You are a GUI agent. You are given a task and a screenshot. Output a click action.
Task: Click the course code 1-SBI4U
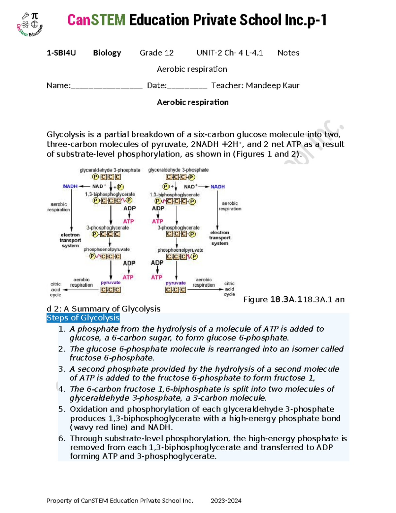click(x=61, y=53)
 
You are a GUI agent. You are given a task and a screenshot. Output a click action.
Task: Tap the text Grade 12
click(x=156, y=53)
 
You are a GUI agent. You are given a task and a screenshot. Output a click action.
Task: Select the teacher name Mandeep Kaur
click(x=273, y=86)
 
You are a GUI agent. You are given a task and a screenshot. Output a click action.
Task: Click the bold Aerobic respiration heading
click(x=193, y=102)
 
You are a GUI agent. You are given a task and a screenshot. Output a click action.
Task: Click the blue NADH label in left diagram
click(x=70, y=186)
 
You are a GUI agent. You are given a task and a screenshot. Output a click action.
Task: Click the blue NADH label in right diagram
click(x=218, y=187)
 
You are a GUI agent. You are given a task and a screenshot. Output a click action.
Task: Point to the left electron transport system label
click(x=70, y=240)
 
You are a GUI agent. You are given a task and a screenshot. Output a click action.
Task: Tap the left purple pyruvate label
click(x=111, y=283)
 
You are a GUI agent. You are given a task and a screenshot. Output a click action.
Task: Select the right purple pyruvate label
click(x=176, y=283)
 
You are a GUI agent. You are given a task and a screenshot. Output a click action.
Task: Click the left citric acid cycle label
click(x=55, y=289)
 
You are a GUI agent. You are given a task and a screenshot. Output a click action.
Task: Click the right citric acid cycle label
click(x=229, y=289)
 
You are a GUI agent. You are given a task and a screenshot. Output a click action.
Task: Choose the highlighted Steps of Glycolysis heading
click(x=83, y=318)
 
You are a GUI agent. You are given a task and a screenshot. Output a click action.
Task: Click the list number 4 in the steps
click(x=62, y=389)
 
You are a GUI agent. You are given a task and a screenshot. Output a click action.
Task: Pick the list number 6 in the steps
click(x=62, y=439)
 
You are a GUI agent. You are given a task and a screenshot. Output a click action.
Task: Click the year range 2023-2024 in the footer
click(x=226, y=501)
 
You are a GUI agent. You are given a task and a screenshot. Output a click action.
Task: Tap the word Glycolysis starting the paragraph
click(x=66, y=134)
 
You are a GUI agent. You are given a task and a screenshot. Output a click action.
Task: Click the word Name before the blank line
click(x=58, y=86)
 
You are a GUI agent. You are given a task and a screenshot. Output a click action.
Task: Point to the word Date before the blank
click(x=156, y=86)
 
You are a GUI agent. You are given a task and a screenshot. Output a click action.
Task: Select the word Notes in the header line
click(x=288, y=53)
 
